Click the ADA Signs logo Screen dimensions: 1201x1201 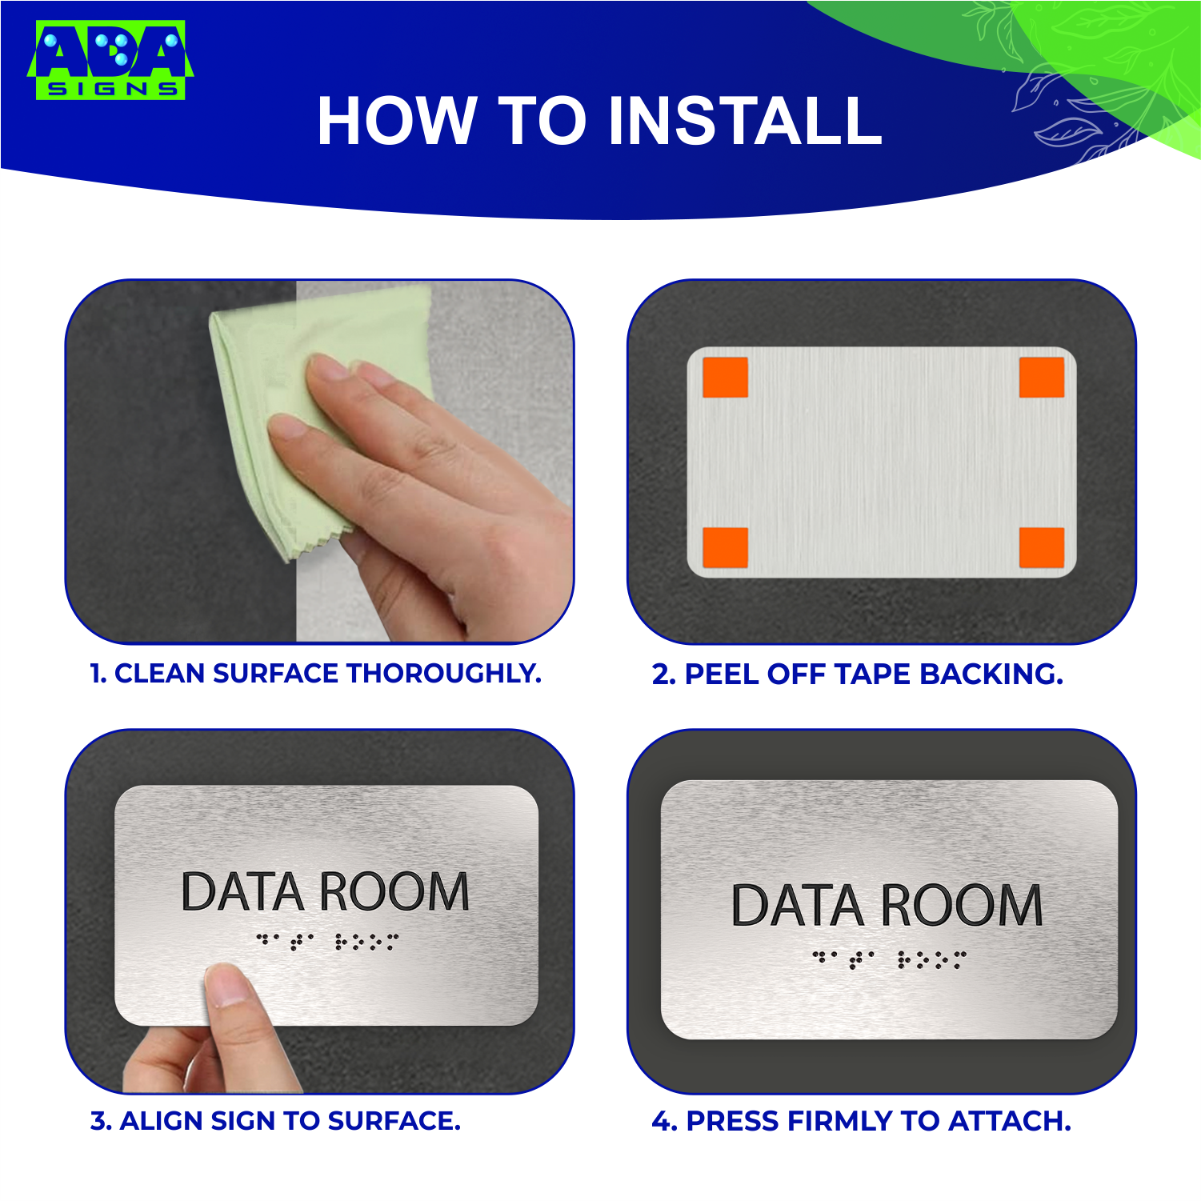pos(110,61)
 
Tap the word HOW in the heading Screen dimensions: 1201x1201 pos(397,122)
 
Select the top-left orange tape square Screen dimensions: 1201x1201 pos(725,378)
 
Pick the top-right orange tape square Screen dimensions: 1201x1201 pos(1041,378)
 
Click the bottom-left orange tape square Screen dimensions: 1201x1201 pos(725,547)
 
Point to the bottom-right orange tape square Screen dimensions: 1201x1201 pos(1041,547)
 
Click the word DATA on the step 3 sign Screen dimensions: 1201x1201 pos(242,892)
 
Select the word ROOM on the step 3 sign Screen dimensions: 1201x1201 pos(394,892)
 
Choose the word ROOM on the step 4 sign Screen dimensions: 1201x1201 pos(962,906)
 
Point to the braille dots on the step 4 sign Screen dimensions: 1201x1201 pos(889,959)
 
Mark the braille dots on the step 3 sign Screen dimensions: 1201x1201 pos(326,941)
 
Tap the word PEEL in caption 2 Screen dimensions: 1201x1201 pos(722,675)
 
